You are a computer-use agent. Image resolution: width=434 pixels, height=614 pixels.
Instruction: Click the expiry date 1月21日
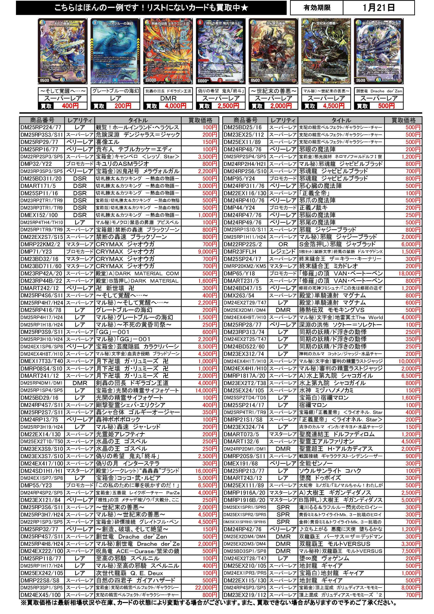click(x=378, y=8)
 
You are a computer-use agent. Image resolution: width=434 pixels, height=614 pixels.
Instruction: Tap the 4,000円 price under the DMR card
click(x=176, y=106)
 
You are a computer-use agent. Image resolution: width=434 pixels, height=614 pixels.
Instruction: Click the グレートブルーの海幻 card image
click(x=115, y=51)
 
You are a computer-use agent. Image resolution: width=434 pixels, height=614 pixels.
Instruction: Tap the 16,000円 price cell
click(x=206, y=471)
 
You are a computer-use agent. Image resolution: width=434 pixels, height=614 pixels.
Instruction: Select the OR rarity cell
click(x=283, y=244)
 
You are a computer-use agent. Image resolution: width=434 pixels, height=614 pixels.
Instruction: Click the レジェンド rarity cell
click(x=283, y=252)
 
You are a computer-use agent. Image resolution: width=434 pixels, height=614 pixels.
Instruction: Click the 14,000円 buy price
click(x=206, y=390)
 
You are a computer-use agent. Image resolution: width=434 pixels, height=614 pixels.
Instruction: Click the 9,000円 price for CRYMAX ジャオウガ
click(x=207, y=252)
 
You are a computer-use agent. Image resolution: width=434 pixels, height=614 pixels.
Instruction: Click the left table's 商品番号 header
click(x=42, y=120)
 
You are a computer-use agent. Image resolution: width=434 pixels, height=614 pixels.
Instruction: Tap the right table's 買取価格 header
click(x=404, y=120)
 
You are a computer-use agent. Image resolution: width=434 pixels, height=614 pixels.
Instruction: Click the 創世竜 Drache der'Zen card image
click(x=379, y=51)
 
